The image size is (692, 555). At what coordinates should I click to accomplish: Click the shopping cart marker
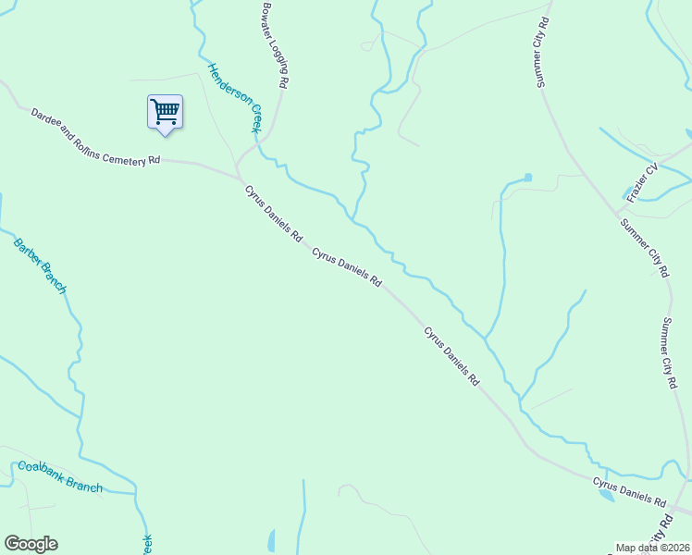pyautogui.click(x=165, y=112)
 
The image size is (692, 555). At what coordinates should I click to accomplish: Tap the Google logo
pyautogui.click(x=31, y=544)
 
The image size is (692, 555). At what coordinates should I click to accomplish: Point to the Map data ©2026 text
pyautogui.click(x=652, y=548)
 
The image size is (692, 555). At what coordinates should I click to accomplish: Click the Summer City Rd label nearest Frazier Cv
pyautogui.click(x=644, y=247)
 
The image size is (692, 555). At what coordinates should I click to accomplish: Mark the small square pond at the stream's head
pyautogui.click(x=527, y=177)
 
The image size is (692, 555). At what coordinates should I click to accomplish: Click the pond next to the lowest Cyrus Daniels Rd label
pyautogui.click(x=606, y=495)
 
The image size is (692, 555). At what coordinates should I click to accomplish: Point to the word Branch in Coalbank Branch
pyautogui.click(x=82, y=486)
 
